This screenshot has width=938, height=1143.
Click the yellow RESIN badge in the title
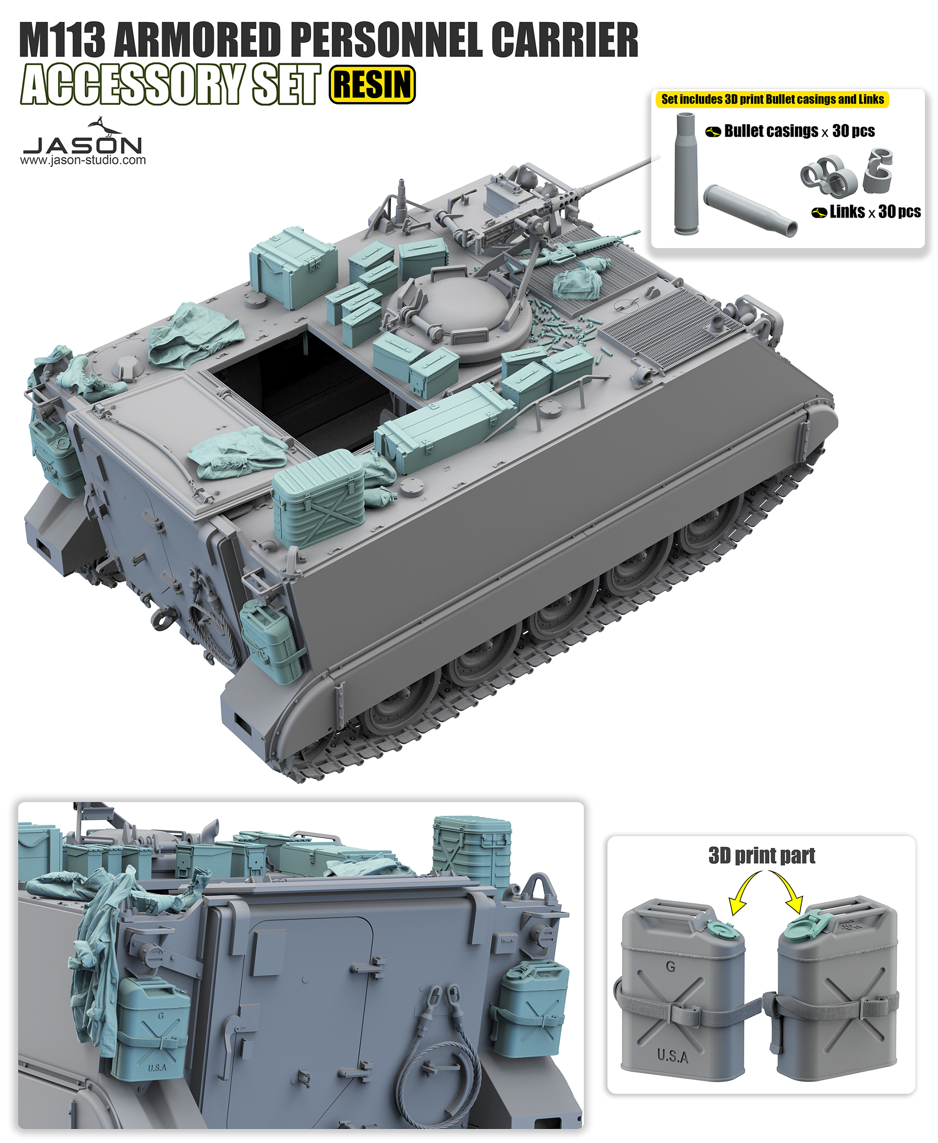click(372, 84)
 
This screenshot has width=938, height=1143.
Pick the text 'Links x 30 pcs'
click(866, 212)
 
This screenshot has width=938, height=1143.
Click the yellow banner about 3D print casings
click(772, 99)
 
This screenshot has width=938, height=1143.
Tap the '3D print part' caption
click(762, 856)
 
